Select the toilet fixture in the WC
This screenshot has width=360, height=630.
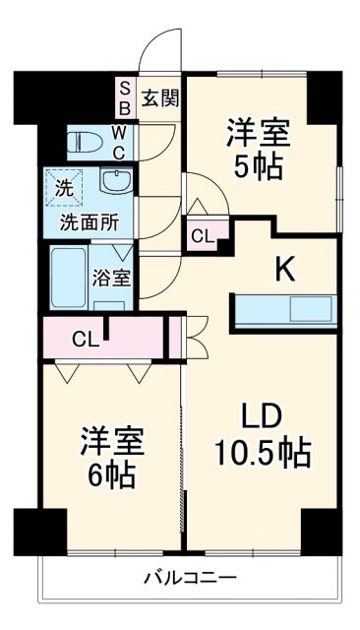coord(85,143)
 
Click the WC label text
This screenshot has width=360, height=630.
coord(117,142)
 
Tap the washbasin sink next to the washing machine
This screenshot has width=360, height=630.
coord(115,184)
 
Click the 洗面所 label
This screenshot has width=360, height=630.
coord(88,221)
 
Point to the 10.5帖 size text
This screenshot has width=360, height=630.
coord(263,453)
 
